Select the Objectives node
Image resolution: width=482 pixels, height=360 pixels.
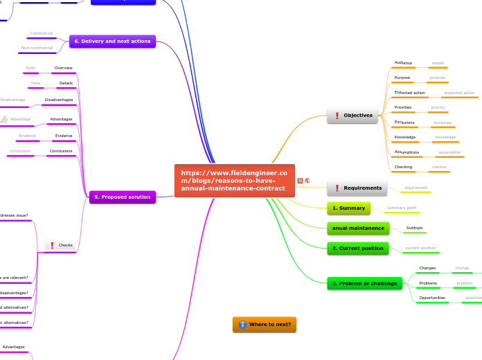[x=352, y=116]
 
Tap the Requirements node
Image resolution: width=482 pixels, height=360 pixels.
[x=357, y=188]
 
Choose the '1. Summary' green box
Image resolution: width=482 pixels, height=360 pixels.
[x=348, y=208]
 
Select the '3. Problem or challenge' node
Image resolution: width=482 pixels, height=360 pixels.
[x=364, y=283]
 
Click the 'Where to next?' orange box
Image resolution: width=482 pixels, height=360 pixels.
[x=265, y=324]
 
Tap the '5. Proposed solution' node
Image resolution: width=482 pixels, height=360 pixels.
[x=123, y=197]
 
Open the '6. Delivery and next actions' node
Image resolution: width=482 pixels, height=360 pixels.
[x=112, y=42]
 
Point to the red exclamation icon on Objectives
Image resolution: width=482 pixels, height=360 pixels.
[x=337, y=116]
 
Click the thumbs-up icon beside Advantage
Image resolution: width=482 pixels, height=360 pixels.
[x=4, y=119]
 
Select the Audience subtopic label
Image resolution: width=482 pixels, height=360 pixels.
[x=403, y=63]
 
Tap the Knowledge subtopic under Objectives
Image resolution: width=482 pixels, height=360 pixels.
[x=404, y=137]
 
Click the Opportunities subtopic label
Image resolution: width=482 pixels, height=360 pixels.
[x=432, y=298]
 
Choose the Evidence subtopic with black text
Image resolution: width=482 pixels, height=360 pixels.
[x=64, y=136]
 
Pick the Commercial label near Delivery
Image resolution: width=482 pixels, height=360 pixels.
[x=42, y=33]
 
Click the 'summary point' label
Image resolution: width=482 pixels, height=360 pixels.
[x=402, y=208]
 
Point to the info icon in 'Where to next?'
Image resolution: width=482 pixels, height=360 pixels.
[x=242, y=324]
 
